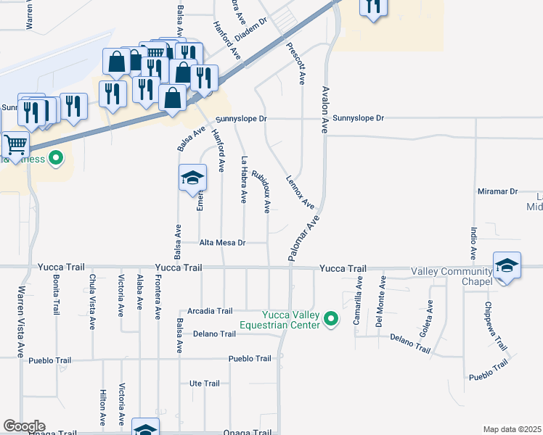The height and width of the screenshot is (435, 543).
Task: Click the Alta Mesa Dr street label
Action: [x=222, y=243]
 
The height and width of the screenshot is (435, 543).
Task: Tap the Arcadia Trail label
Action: [x=210, y=311]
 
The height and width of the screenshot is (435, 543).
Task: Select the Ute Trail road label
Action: [x=204, y=384]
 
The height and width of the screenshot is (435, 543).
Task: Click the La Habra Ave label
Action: [x=245, y=179]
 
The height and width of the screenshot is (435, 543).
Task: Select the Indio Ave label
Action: [x=473, y=244]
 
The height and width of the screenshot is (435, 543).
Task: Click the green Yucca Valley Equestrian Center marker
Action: [x=332, y=319]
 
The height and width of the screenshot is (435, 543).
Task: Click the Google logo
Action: [x=24, y=426]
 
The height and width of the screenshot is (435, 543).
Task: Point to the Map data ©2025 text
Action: [x=512, y=429]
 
